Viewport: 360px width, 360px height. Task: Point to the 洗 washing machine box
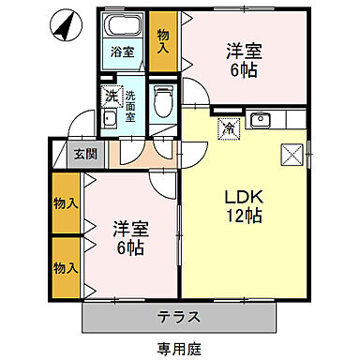(x=111, y=96)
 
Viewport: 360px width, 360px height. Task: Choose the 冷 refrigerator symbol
(x=228, y=128)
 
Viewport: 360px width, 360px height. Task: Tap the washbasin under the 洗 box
(x=110, y=117)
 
